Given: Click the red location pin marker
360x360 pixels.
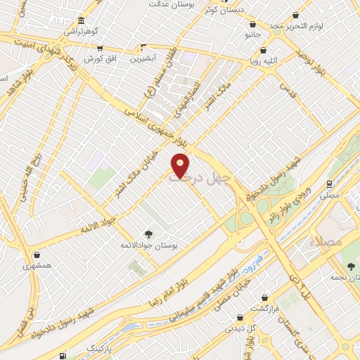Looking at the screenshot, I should click(181, 165).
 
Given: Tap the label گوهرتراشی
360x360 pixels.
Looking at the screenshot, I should click(82, 32).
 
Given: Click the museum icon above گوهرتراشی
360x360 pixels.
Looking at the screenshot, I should click(82, 20).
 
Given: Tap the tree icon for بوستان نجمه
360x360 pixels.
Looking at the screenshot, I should click(351, 265).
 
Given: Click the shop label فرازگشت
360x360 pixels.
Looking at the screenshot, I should click(266, 309).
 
